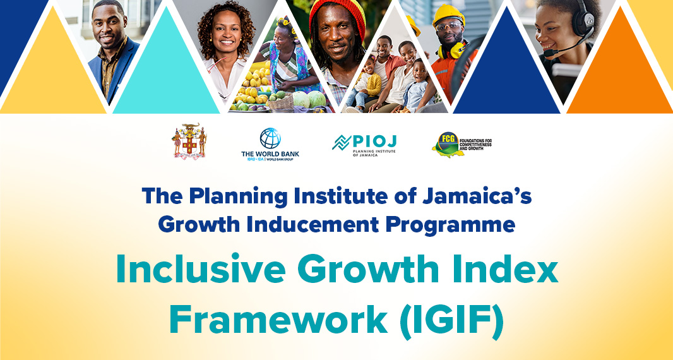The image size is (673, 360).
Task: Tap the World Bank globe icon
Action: click(270, 138)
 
